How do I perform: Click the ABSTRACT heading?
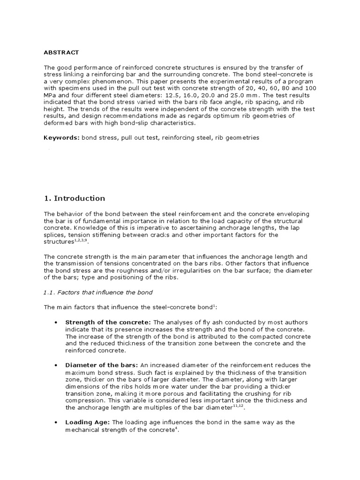(61, 52)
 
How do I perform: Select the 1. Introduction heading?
(75, 198)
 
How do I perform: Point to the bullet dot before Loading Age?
(56, 422)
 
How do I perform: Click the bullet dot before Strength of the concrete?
(56, 322)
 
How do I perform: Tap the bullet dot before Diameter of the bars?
(56, 365)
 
